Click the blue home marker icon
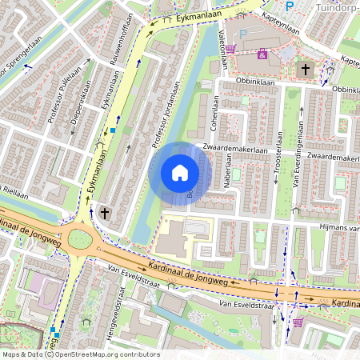pyautogui.click(x=180, y=173)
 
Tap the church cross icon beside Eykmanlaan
pyautogui.click(x=105, y=213)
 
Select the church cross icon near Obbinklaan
pyautogui.click(x=305, y=70)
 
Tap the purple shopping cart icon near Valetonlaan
pyautogui.click(x=230, y=49)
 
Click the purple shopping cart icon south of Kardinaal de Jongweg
pyautogui.click(x=298, y=322)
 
